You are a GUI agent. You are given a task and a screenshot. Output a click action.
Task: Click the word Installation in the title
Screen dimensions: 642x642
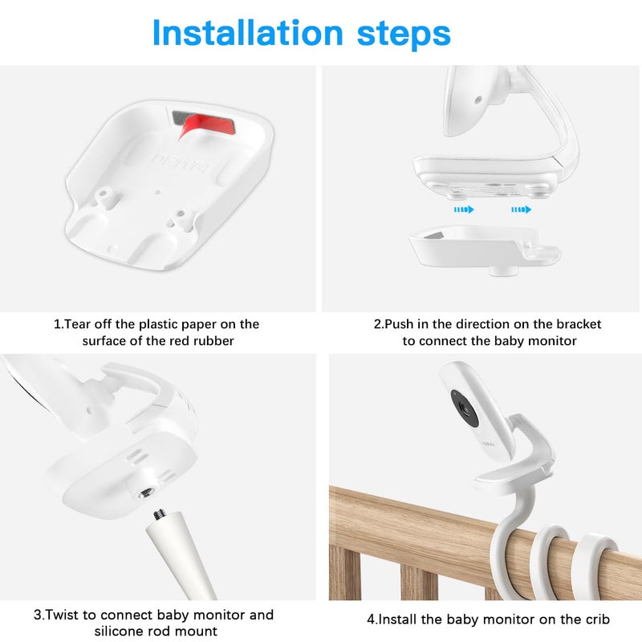point(246,33)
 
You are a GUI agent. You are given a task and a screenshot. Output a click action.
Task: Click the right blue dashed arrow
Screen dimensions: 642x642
point(521,209)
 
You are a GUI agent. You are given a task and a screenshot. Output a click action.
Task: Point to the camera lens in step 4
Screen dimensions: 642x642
point(464,404)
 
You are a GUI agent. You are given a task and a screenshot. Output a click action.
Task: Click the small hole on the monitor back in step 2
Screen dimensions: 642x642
point(477,102)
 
